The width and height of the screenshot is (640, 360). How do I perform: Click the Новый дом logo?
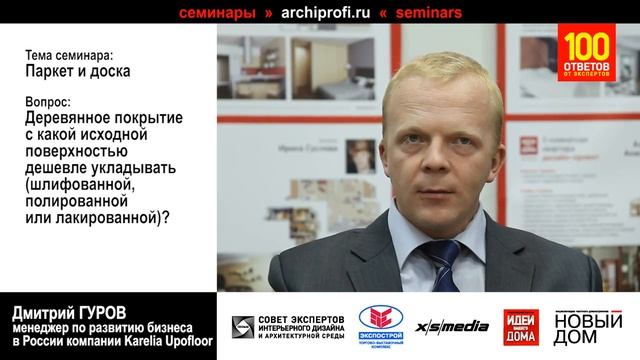click(x=596, y=327)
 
